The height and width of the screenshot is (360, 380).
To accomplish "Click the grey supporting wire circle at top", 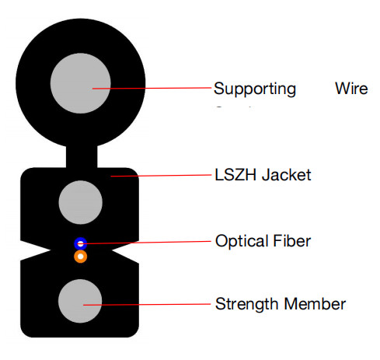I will (80, 82).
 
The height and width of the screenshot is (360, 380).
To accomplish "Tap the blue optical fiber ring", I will (80, 243).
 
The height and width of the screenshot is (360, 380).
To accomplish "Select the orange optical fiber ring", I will (80, 256).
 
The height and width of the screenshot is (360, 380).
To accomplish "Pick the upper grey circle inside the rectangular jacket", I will (80, 202).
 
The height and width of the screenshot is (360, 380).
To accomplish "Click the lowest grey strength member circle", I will (80, 302).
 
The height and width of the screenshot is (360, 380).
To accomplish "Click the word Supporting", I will (254, 89).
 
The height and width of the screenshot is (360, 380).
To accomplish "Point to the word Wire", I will (351, 88).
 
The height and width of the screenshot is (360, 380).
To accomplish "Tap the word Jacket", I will (286, 175).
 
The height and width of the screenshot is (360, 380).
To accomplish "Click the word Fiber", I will (292, 241).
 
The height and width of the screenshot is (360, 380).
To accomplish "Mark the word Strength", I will (245, 303).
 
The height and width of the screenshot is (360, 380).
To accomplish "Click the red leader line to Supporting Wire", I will (155, 88).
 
